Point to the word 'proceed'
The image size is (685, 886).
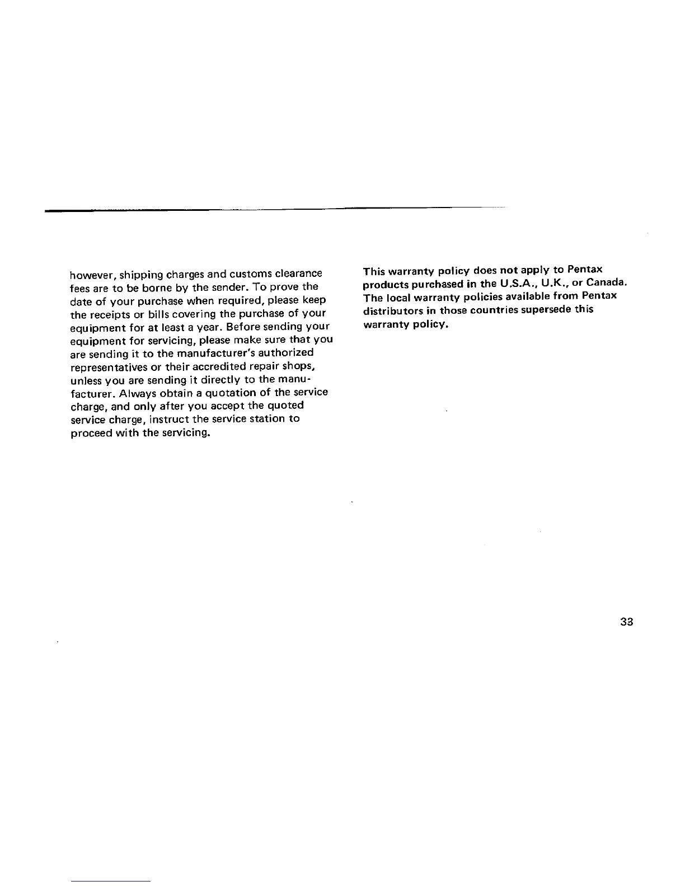pos(90,433)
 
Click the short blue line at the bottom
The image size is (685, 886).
pos(111,881)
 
